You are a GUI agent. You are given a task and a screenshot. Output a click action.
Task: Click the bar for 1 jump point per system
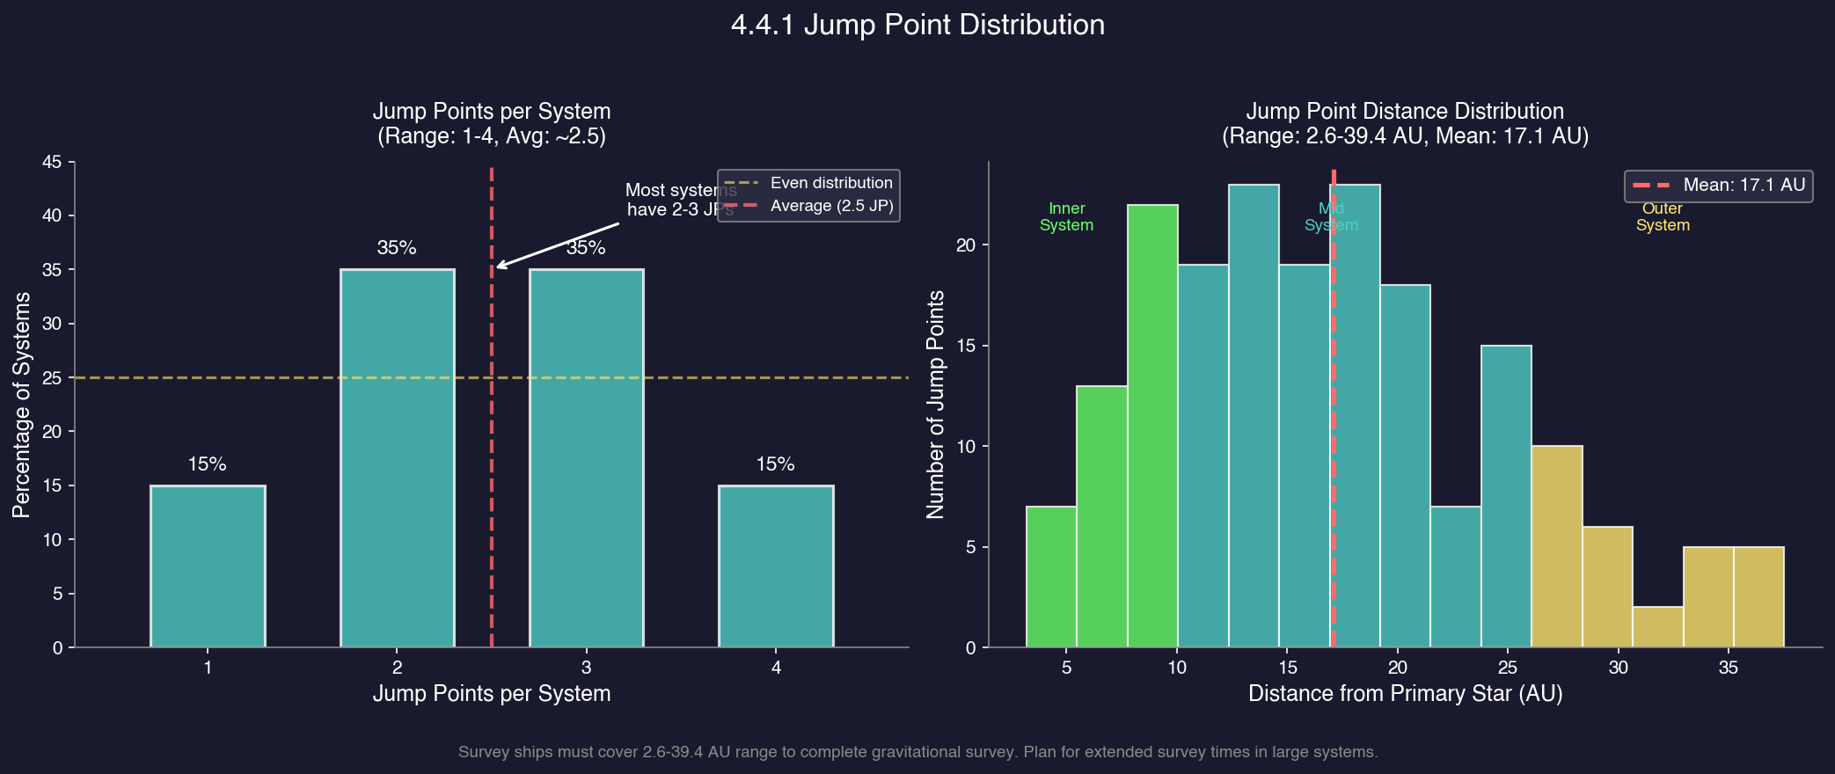coord(208,566)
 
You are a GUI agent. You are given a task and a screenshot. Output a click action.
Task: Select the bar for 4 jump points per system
coord(776,566)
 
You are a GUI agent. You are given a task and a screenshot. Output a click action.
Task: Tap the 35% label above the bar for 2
coord(397,248)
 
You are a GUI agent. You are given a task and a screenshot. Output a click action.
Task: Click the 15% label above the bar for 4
coord(775,464)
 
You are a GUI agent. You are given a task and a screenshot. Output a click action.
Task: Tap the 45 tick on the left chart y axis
coord(52,162)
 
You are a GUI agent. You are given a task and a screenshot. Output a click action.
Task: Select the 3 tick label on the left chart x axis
coord(586,668)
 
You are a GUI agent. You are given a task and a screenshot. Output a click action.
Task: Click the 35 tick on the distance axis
coord(1728,668)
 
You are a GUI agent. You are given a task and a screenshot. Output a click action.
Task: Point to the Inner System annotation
coord(1066,216)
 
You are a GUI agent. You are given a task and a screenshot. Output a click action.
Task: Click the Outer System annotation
coord(1662,216)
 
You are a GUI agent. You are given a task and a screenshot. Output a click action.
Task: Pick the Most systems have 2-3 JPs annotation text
coord(680,200)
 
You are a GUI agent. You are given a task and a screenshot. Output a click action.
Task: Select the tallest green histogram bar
coord(1152,426)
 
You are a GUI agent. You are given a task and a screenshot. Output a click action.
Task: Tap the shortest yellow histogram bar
coord(1657,627)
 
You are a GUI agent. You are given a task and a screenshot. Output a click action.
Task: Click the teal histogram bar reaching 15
coord(1506,496)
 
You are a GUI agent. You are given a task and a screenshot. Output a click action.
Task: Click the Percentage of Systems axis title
coord(22,405)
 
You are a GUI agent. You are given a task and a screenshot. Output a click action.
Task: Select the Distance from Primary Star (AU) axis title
coord(1405,694)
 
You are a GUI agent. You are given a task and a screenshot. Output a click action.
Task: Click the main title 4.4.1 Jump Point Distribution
coord(917,25)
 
